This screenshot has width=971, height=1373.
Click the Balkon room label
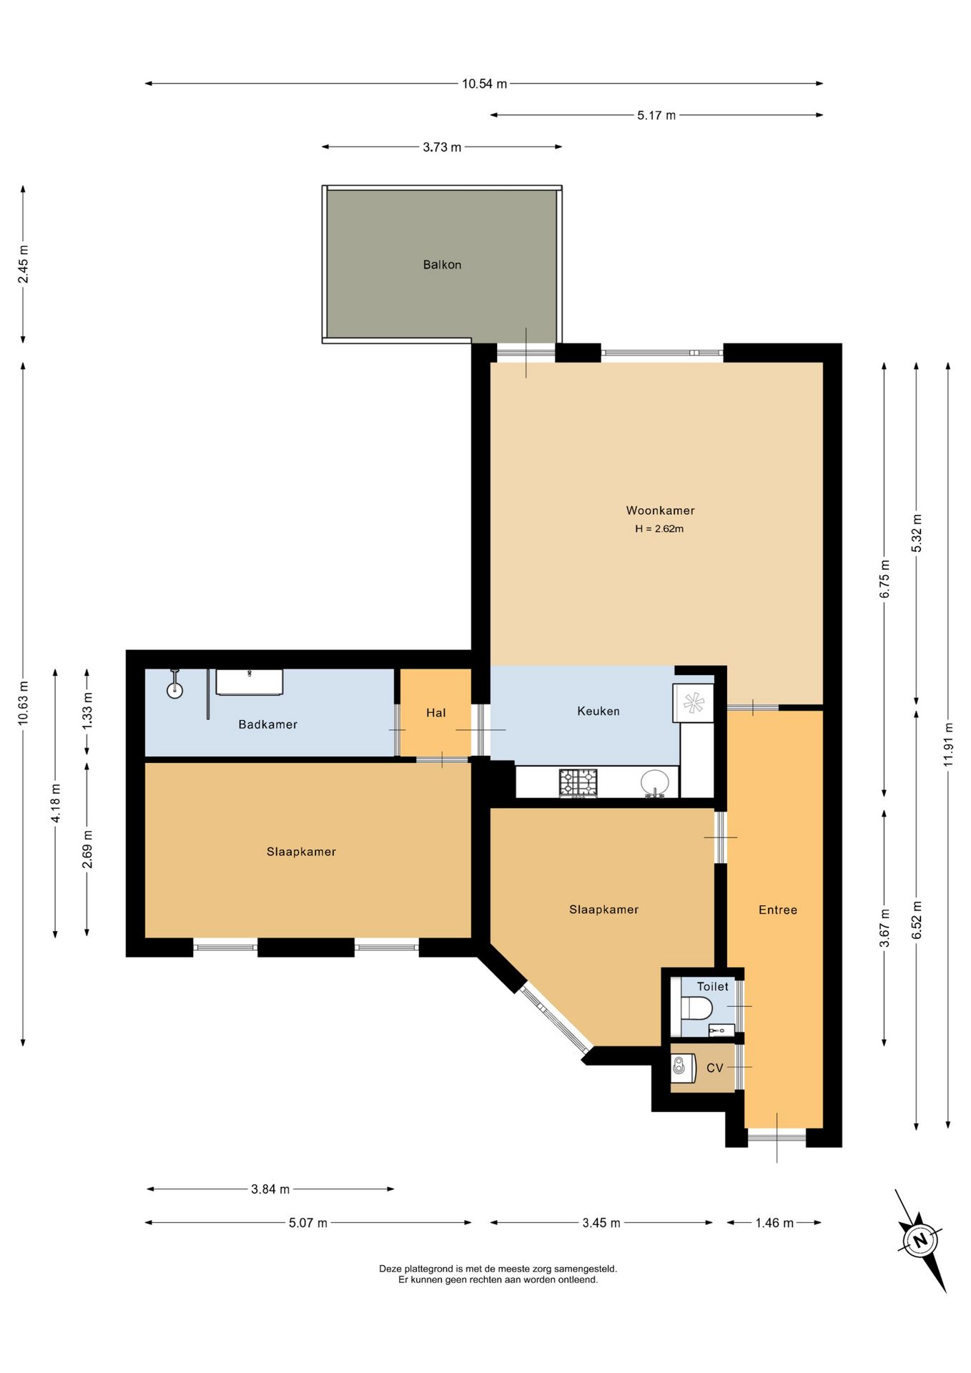pyautogui.click(x=442, y=265)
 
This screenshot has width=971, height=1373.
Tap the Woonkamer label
pyautogui.click(x=660, y=511)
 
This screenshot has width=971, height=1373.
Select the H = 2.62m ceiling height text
pyautogui.click(x=659, y=529)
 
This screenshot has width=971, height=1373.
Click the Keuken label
pyautogui.click(x=598, y=711)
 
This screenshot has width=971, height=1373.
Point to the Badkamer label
pyautogui.click(x=268, y=724)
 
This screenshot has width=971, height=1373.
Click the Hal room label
pyautogui.click(x=435, y=713)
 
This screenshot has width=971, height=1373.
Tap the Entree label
pyautogui.click(x=778, y=910)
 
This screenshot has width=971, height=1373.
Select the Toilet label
pyautogui.click(x=713, y=986)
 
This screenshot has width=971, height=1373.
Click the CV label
pyautogui.click(x=715, y=1068)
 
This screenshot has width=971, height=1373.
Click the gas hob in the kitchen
pyautogui.click(x=578, y=783)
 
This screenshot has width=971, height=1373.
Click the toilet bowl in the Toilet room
pyautogui.click(x=696, y=1008)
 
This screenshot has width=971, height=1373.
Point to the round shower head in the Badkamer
pyautogui.click(x=174, y=690)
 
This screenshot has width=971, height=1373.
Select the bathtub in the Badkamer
pyautogui.click(x=250, y=682)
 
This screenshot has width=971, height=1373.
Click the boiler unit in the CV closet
pyautogui.click(x=683, y=1068)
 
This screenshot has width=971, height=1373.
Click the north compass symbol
pyautogui.click(x=921, y=1240)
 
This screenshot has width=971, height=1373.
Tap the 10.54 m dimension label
pyautogui.click(x=484, y=84)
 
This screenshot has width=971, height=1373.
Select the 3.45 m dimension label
pyautogui.click(x=601, y=1222)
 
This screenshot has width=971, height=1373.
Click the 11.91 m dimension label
pyautogui.click(x=948, y=744)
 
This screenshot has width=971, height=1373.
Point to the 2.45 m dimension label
pyautogui.click(x=24, y=264)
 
